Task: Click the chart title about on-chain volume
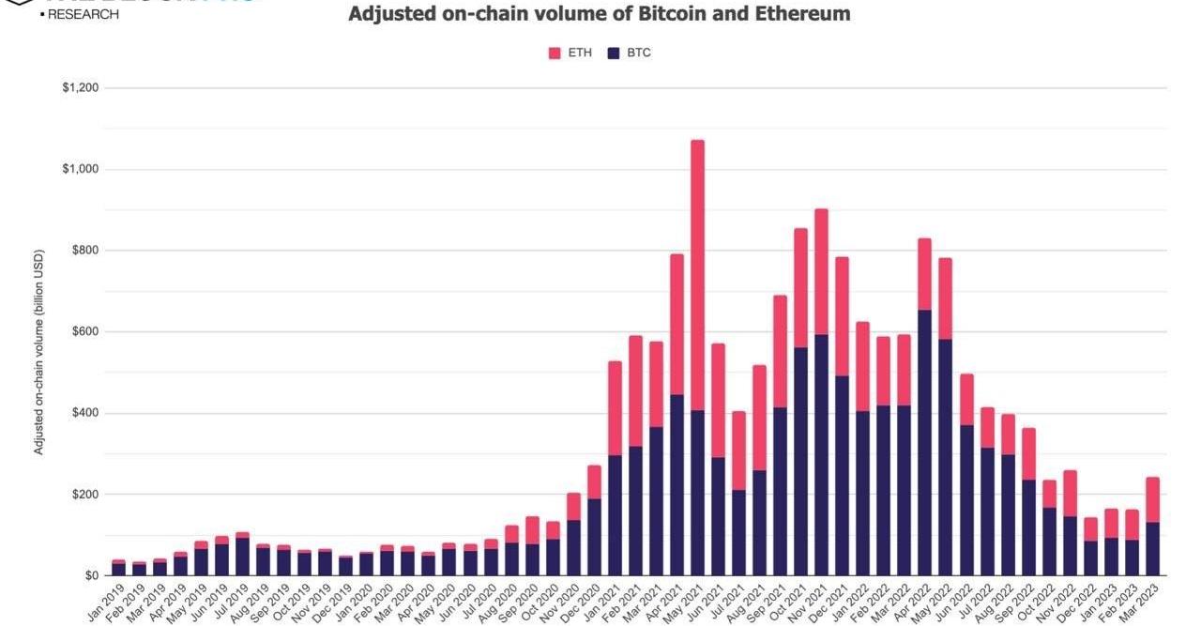pos(600,14)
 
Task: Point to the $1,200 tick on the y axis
pos(81,88)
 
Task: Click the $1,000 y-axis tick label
pos(81,170)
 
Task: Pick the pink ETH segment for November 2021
pos(821,271)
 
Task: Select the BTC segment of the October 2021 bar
pos(800,461)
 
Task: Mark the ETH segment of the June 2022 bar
pos(965,399)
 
